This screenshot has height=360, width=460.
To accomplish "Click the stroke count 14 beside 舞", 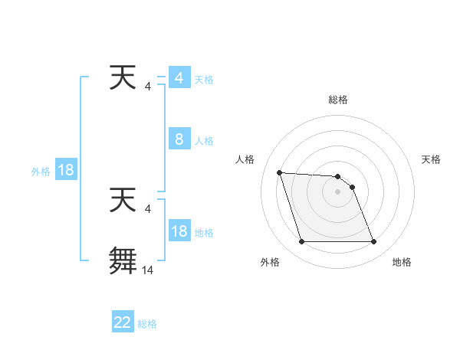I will (148, 270).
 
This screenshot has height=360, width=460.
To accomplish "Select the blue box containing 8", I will (179, 139).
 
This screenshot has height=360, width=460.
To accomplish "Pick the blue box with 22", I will (123, 322).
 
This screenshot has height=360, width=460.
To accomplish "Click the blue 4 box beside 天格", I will (179, 78).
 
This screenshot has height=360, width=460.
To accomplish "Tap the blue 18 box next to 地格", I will (179, 231).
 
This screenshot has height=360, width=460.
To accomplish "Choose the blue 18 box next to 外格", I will (66, 170).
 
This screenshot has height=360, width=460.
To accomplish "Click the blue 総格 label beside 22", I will (147, 324).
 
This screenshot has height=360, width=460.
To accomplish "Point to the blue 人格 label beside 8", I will (204, 141).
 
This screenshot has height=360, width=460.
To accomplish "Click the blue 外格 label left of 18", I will (41, 172).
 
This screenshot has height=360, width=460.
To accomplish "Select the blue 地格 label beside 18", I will (204, 233).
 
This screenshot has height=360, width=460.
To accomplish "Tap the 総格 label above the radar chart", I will (338, 100).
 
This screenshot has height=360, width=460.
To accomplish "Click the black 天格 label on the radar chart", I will (432, 159).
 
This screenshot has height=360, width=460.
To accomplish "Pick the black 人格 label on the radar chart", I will (245, 159).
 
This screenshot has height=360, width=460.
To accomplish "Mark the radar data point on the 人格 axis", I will (279, 172).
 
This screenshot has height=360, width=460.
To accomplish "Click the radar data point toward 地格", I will (373, 242).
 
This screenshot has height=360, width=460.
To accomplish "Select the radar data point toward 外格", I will (301, 242).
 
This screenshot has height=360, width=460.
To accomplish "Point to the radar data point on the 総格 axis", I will (337, 177).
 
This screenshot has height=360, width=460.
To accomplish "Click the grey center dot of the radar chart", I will (337, 191).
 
